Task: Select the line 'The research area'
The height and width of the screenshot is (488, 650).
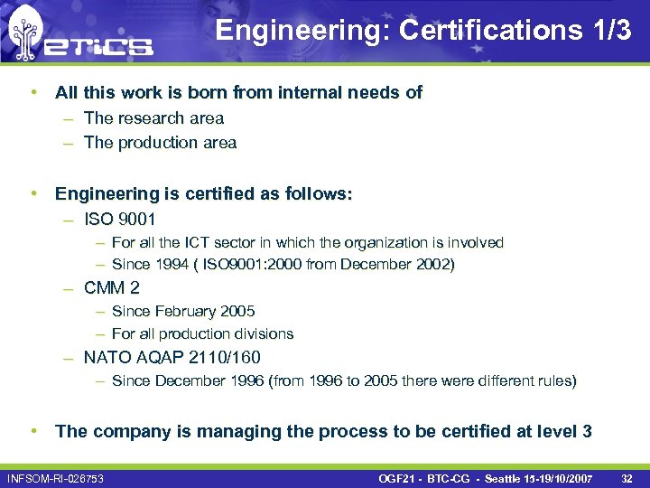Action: point(153,117)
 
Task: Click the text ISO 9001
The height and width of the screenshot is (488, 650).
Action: point(119,219)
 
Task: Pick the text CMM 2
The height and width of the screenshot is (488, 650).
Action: point(112,288)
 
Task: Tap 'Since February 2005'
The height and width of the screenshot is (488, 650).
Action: point(183,311)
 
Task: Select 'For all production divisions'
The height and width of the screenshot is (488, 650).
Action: point(202,333)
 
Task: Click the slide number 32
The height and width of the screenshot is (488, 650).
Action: point(628,477)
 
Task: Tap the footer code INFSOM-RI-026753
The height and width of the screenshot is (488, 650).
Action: point(55,477)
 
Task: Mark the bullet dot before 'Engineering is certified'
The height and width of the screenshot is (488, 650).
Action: point(32,193)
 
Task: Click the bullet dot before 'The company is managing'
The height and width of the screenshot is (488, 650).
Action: point(32,431)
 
